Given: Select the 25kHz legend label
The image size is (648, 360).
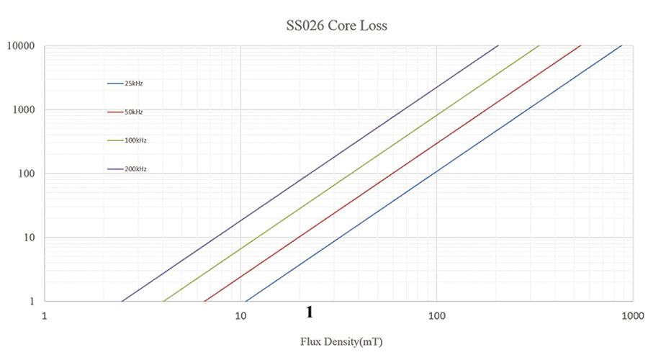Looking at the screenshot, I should (134, 84).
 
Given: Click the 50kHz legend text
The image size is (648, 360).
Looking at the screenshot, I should (134, 112).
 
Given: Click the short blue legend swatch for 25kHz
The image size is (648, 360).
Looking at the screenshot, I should (115, 84).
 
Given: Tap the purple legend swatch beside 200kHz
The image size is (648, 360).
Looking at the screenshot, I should (115, 169).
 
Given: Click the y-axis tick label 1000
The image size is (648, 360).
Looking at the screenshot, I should (26, 110).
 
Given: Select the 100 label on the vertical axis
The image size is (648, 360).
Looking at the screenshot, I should (28, 174).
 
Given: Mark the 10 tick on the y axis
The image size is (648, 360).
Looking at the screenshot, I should (30, 238).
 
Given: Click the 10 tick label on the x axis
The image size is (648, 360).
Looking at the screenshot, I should (240, 315).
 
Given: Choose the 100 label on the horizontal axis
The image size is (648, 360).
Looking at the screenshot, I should (436, 315).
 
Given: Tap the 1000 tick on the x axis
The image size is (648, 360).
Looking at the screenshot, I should (631, 315).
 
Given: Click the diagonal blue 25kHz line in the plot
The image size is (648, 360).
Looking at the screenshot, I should (436, 174).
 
